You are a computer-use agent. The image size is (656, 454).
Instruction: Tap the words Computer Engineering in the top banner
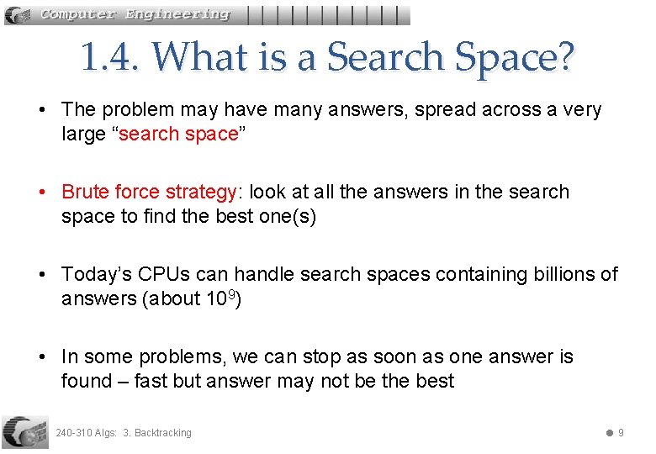point(135,14)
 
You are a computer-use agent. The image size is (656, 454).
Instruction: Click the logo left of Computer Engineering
point(20,14)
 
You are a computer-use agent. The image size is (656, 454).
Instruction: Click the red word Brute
point(87,193)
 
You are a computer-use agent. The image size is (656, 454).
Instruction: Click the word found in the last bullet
point(86,381)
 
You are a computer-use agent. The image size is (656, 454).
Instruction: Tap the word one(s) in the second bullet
point(287,216)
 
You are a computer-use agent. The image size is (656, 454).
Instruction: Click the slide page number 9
point(621,433)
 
